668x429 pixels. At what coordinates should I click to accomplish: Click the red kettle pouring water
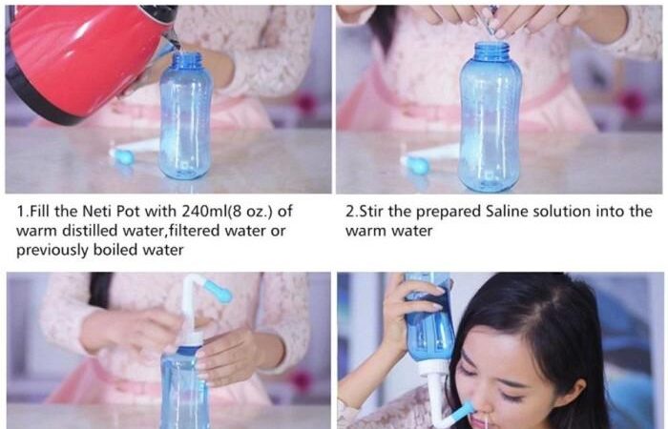point(85,59)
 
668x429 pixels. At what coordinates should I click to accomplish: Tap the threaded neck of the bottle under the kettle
point(186,60)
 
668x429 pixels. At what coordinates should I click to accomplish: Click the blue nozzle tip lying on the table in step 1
point(123,156)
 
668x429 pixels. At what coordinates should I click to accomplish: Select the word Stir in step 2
point(371,212)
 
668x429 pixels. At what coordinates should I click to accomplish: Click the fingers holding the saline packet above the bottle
point(498,19)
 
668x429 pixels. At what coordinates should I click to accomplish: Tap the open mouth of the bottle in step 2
point(491,44)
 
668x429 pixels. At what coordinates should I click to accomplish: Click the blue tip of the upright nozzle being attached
point(219,291)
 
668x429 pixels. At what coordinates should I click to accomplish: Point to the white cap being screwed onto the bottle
point(192,339)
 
